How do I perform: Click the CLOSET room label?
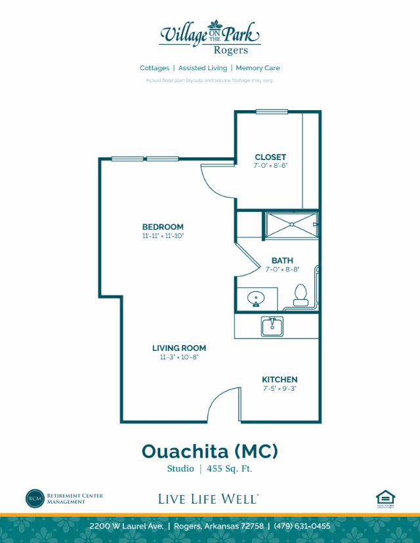[x=270, y=157]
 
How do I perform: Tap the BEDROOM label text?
[x=163, y=227]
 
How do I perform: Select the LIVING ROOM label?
[x=179, y=348]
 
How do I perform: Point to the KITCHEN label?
[x=280, y=380]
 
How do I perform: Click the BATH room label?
[x=282, y=260]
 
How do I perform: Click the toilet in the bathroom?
[x=301, y=296]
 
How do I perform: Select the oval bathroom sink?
[x=256, y=299]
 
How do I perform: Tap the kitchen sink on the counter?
[x=271, y=325]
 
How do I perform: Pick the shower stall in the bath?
[x=291, y=224]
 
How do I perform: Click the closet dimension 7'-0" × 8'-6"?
[x=270, y=166]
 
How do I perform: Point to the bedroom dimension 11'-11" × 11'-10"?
[x=163, y=235]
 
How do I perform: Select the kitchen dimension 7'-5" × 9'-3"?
[x=280, y=388]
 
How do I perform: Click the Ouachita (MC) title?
[x=210, y=451]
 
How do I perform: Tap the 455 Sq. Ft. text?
[x=230, y=469]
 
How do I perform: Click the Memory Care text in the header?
[x=258, y=68]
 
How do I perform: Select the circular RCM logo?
[x=34, y=498]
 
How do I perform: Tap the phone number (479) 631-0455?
[x=303, y=526]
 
